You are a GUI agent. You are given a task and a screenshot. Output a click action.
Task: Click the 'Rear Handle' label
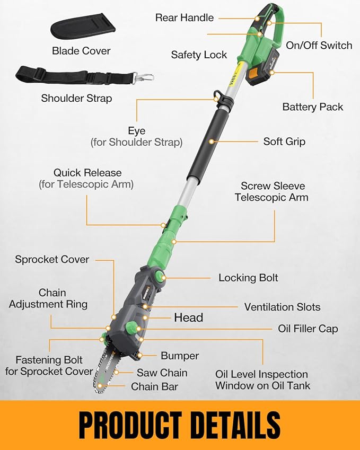pos(184,17)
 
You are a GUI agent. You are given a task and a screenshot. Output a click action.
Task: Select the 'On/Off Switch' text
pos(319,45)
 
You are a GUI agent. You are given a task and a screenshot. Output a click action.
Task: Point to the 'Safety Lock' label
pos(199,55)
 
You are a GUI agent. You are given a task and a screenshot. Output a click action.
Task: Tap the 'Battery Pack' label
pos(312,107)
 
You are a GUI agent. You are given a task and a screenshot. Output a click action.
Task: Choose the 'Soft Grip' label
pos(284,142)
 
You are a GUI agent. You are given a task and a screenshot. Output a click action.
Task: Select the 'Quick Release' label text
pos(87,173)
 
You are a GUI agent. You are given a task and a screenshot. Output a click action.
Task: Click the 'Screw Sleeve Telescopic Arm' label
pos(274,191)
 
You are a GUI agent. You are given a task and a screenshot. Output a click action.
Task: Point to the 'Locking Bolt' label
pos(248,278)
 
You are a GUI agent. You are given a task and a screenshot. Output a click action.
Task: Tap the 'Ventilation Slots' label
pos(282,307)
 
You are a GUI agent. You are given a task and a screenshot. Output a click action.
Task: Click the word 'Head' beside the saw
pos(188,317)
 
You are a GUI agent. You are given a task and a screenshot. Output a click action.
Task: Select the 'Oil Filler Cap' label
pos(308,329)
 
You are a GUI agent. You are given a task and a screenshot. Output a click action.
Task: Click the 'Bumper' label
pos(180,356)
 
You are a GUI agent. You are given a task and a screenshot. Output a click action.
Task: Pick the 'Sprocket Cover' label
pos(52,259)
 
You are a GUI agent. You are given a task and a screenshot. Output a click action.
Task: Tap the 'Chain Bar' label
pos(155,386)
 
